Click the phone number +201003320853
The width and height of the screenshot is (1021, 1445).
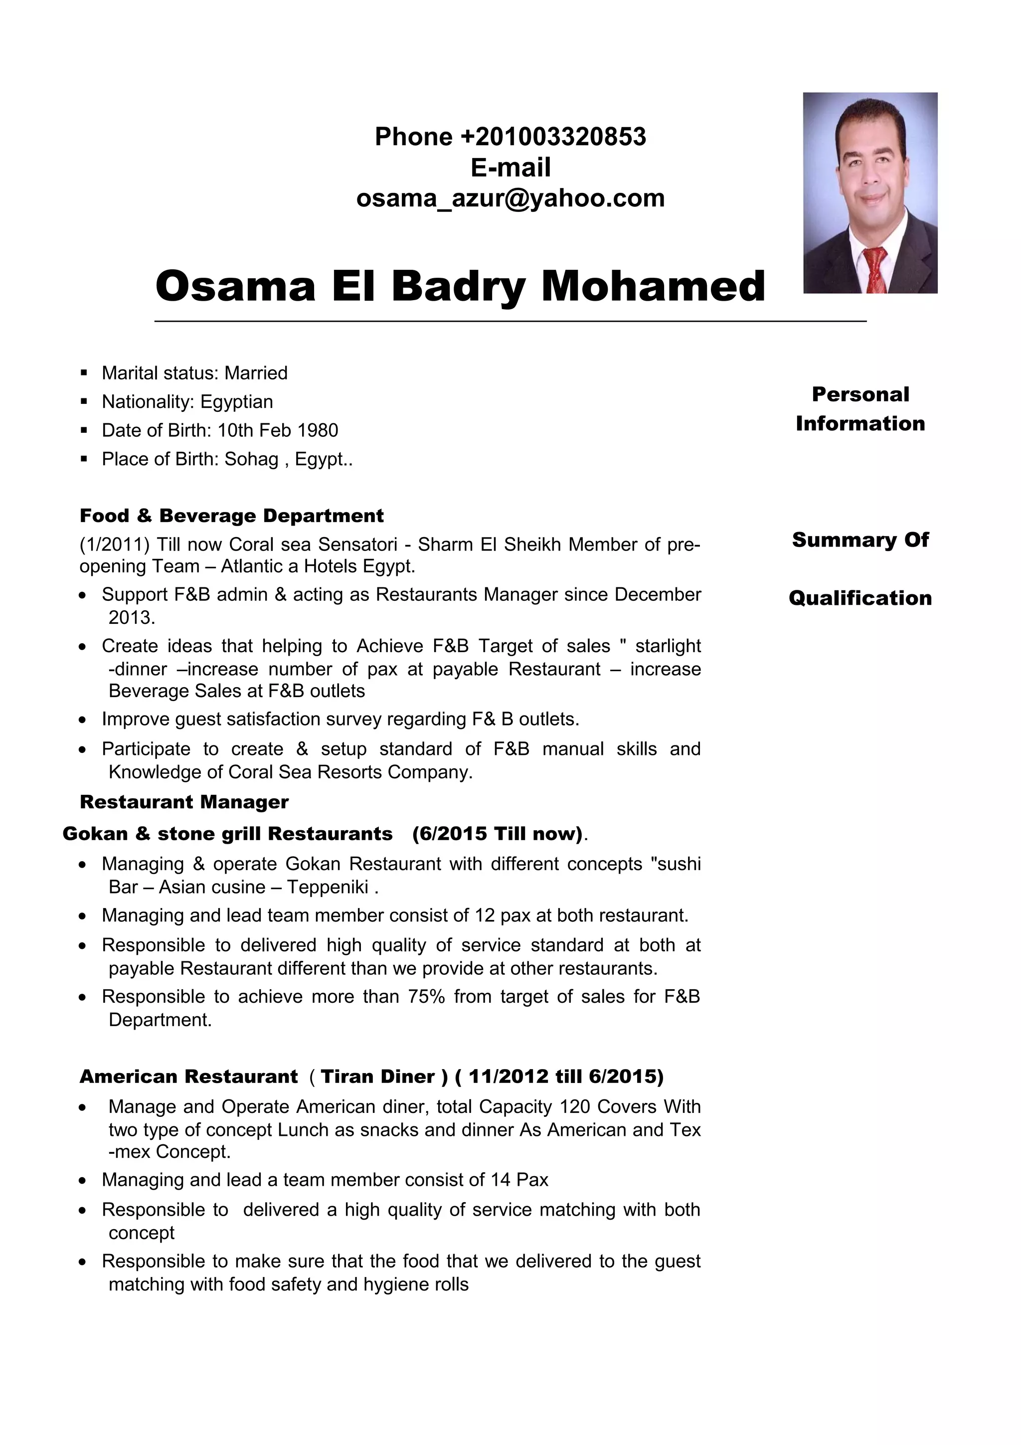tap(552, 137)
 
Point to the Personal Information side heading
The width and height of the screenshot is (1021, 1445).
tap(860, 408)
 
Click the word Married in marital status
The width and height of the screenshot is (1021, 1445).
tap(256, 373)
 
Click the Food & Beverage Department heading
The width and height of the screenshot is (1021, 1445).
tap(231, 516)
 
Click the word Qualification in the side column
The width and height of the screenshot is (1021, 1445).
tap(860, 598)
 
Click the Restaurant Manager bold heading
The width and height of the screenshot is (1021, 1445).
tap(184, 802)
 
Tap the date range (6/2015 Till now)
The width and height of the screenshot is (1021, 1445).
tap(498, 834)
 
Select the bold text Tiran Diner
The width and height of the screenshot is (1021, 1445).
tap(377, 1077)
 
